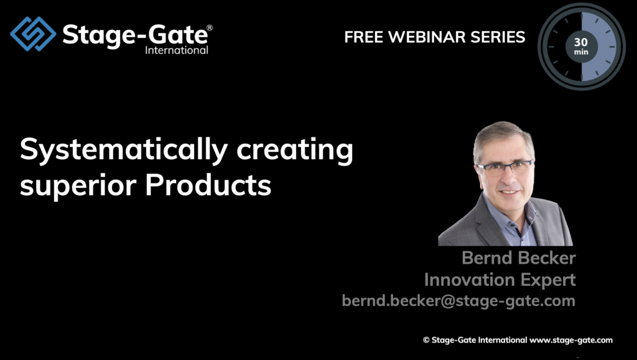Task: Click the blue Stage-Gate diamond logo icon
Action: [x=34, y=34]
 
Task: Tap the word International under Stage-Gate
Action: [x=177, y=50]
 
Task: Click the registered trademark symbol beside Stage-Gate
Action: [x=210, y=27]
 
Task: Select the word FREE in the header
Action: [x=363, y=37]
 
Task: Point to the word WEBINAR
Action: [x=427, y=37]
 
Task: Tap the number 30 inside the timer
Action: [x=581, y=42]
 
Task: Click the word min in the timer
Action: [x=581, y=52]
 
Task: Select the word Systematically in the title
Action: [x=124, y=150]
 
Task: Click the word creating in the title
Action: [x=295, y=150]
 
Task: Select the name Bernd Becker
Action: [x=519, y=258]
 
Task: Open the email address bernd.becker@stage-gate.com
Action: [x=458, y=301]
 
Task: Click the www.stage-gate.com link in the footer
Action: [x=571, y=340]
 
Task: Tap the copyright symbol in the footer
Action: [x=426, y=340]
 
